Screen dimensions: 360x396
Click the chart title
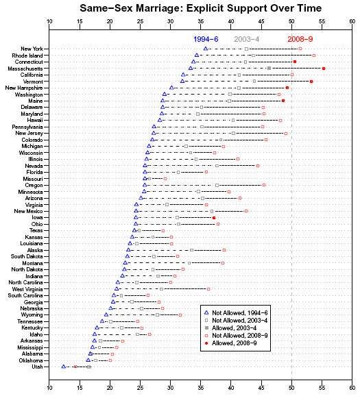pyautogui.click(x=200, y=8)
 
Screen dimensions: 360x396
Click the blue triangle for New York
pyautogui.click(x=206, y=49)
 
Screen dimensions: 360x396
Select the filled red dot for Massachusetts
pyautogui.click(x=324, y=69)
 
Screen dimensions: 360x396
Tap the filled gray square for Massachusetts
pyautogui.click(x=269, y=69)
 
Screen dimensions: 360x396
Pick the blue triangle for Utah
pyautogui.click(x=64, y=367)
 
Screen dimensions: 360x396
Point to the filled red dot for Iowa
pyautogui.click(x=214, y=218)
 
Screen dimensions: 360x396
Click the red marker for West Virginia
pyautogui.click(x=208, y=289)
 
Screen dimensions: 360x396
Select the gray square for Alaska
pyautogui.click(x=191, y=250)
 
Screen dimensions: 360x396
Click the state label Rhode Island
pyautogui.click(x=27, y=55)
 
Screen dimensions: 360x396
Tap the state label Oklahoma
pyautogui.click(x=31, y=360)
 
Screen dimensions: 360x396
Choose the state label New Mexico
pyautogui.click(x=28, y=211)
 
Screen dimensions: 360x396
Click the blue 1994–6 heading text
pyautogui.click(x=206, y=39)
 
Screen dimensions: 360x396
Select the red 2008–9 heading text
pyautogui.click(x=300, y=39)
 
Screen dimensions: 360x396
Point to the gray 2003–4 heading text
pyautogui.click(x=246, y=39)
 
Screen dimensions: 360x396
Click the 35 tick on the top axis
pyautogui.click(x=201, y=21)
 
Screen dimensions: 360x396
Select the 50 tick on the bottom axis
pyautogui.click(x=291, y=388)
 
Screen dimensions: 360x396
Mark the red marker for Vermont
pyautogui.click(x=311, y=82)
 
